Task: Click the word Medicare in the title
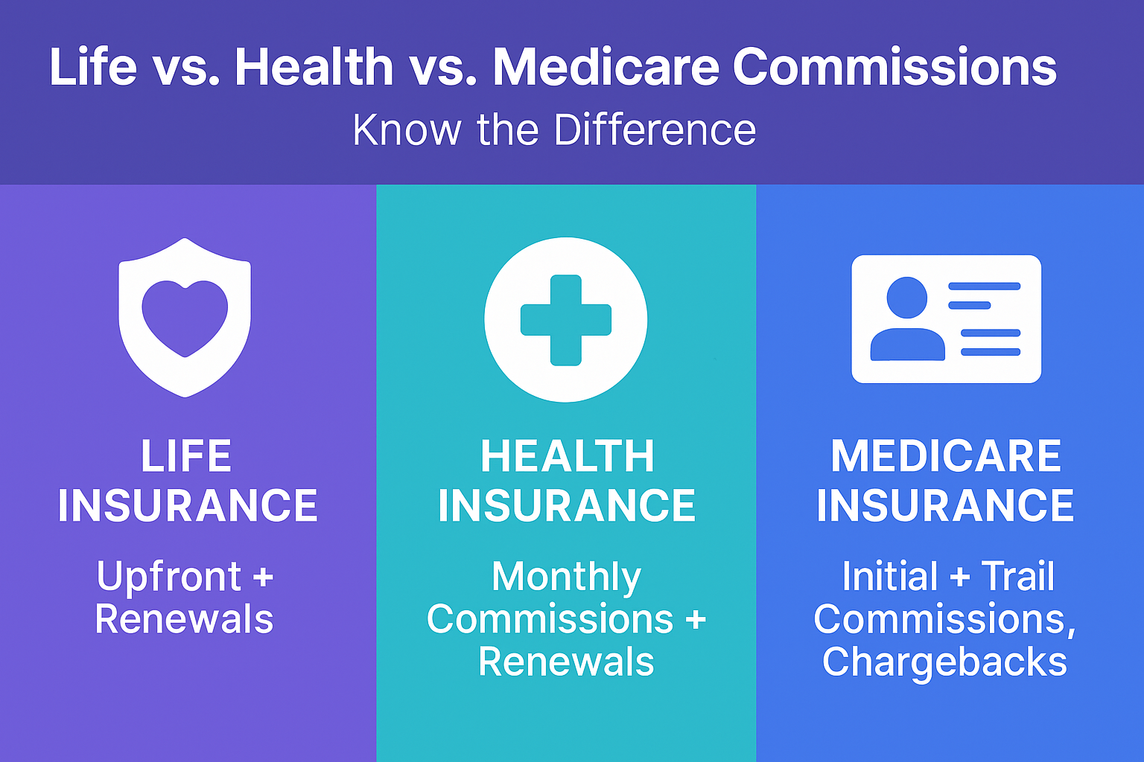coord(606,67)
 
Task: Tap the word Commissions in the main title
coord(894,67)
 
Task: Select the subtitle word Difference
coord(655,129)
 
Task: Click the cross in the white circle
coord(566,320)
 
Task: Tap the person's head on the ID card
coord(907,298)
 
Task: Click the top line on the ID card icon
coord(984,286)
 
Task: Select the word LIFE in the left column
coord(186,455)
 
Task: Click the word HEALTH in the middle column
coord(568,455)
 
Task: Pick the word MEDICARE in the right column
coord(946,455)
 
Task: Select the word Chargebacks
coord(945,662)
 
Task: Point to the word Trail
coord(1018,576)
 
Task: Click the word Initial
coord(890,576)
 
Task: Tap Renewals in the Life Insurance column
coord(185,619)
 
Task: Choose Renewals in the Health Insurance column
coord(566,662)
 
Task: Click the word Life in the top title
coord(93,67)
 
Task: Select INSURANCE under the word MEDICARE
coord(945,505)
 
